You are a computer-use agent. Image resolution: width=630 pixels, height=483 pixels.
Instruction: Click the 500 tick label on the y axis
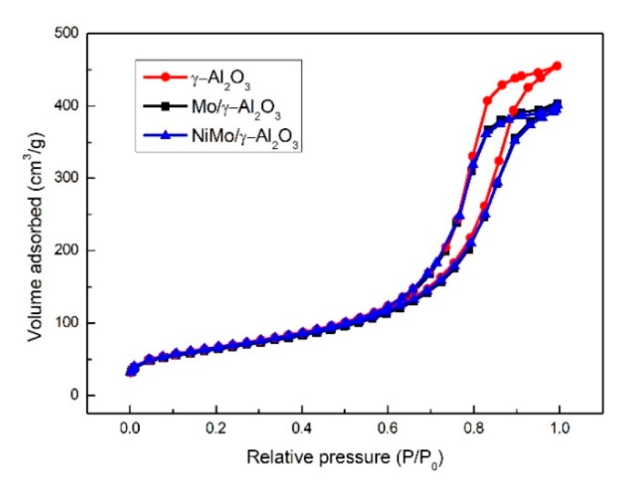pyautogui.click(x=68, y=33)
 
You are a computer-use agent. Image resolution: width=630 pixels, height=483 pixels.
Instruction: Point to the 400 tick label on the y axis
pyautogui.click(x=68, y=106)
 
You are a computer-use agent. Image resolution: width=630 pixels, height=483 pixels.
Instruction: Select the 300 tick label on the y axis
pyautogui.click(x=68, y=178)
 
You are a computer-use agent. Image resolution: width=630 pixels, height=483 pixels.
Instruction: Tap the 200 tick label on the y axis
pyautogui.click(x=68, y=251)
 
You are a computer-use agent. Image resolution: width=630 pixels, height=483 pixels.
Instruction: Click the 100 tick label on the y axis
pyautogui.click(x=68, y=323)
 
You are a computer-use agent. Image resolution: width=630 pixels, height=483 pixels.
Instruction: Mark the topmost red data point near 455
pyautogui.click(x=557, y=66)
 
